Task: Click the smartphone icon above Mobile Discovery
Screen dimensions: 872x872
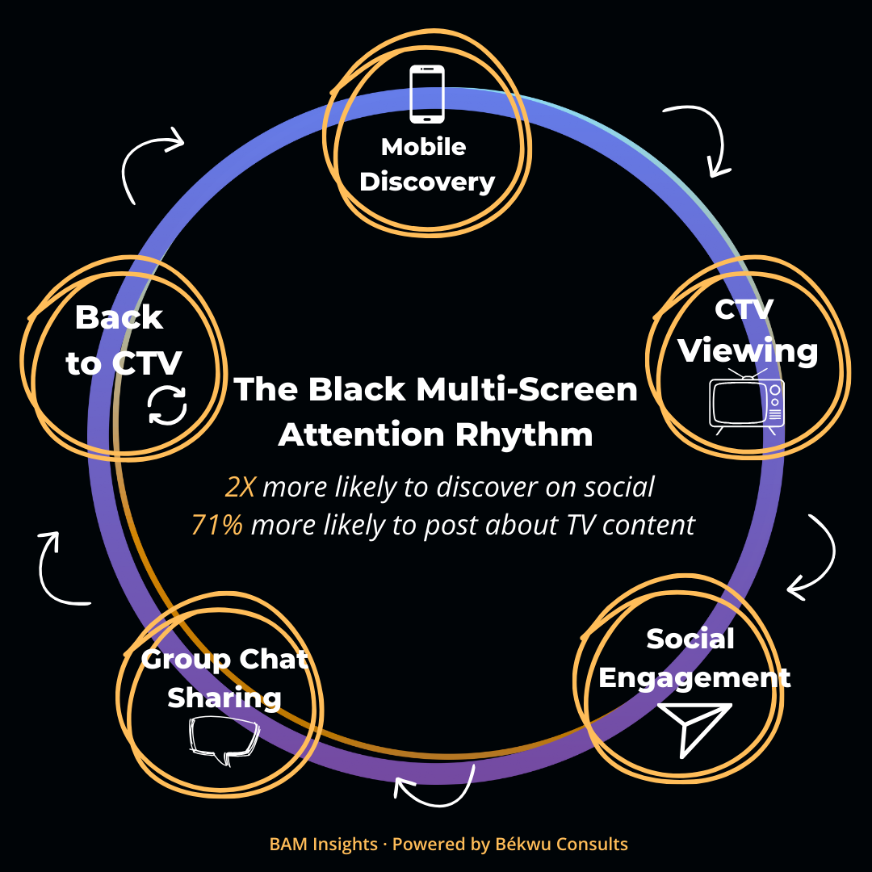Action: (427, 94)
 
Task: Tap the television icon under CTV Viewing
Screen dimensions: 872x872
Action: (746, 401)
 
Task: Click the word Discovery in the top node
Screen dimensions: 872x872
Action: (427, 182)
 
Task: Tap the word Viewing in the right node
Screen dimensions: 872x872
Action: (748, 351)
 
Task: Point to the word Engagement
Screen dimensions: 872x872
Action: (694, 677)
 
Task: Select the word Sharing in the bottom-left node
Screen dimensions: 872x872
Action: (224, 698)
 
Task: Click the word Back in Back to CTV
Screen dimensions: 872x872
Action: (119, 317)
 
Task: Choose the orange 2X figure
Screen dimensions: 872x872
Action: (240, 488)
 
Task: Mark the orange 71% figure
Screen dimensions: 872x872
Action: (216, 525)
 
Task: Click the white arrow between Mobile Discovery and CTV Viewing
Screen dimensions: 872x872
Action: (701, 137)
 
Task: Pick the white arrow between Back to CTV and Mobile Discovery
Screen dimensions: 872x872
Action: (149, 161)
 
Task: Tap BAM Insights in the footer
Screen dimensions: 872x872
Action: (323, 845)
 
